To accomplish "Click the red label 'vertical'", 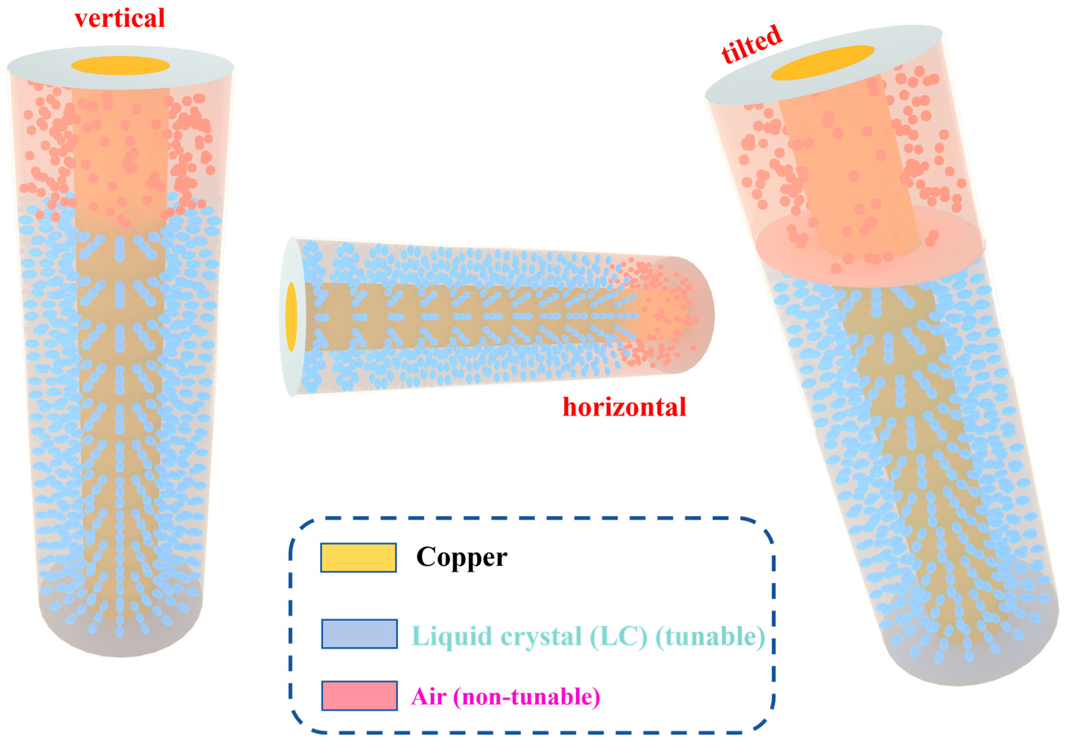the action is (120, 19).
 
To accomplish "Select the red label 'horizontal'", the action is (624, 407).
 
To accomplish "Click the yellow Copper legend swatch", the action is (358, 557).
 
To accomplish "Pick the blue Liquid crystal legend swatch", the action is (359, 633).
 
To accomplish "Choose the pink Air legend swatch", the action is (359, 696).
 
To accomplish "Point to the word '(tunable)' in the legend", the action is (710, 636).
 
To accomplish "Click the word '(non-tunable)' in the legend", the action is (527, 697).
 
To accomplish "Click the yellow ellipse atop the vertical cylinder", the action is (120, 66).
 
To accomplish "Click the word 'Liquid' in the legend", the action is (452, 636).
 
